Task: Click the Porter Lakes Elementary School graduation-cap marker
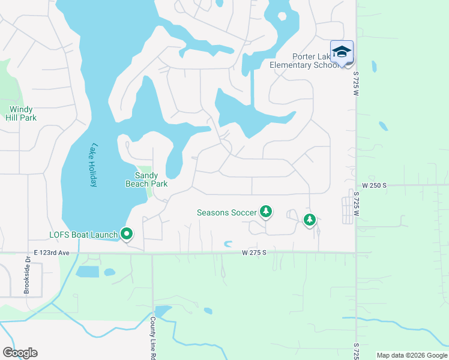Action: click(x=342, y=52)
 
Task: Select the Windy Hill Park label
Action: click(x=22, y=113)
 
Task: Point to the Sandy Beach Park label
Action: click(x=146, y=180)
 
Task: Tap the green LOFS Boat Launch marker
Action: click(x=127, y=233)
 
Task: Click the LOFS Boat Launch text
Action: click(x=83, y=235)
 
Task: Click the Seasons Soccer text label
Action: click(x=227, y=212)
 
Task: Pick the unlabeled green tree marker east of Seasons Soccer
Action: click(x=309, y=220)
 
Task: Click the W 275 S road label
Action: click(x=254, y=253)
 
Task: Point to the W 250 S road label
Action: click(x=374, y=186)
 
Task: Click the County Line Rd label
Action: click(x=153, y=338)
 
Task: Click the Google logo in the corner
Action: click(x=20, y=352)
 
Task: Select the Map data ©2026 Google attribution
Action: click(x=412, y=355)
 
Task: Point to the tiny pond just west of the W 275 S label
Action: click(x=228, y=244)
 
